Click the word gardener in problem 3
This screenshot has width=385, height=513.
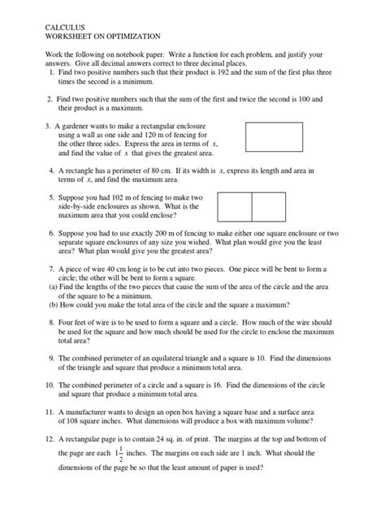[85, 127]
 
